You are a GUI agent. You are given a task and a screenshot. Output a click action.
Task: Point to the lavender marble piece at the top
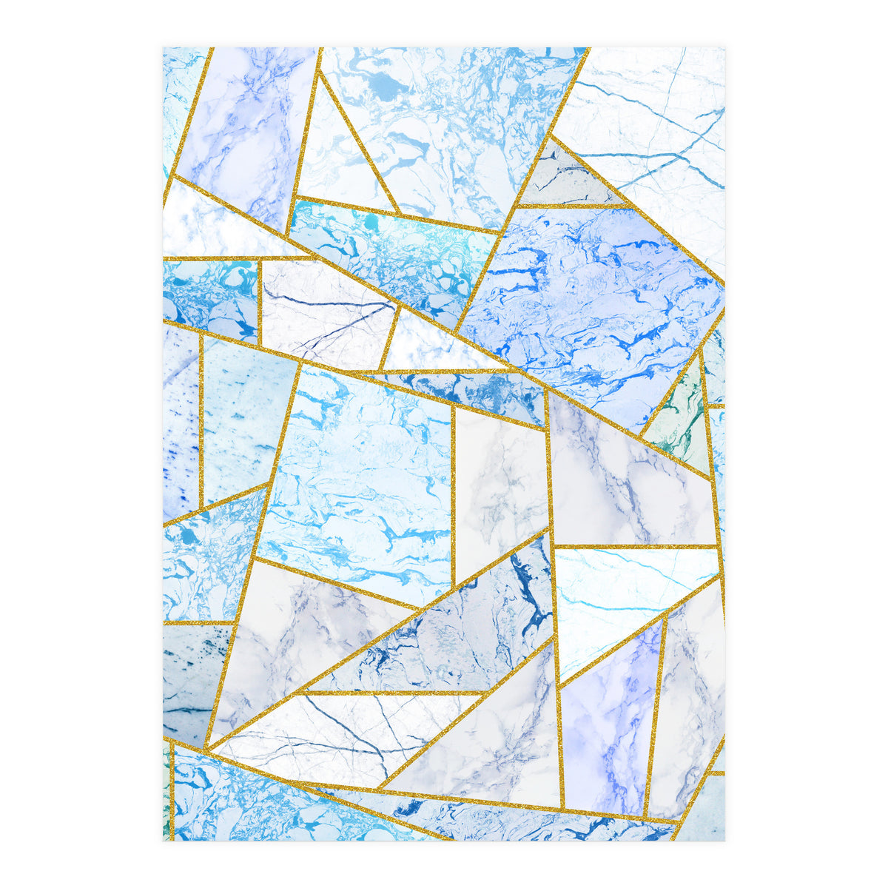[x=244, y=126]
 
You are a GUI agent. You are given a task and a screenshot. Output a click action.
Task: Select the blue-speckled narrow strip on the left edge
[x=180, y=422]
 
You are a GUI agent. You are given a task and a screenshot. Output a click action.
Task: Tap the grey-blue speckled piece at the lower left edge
[x=189, y=681]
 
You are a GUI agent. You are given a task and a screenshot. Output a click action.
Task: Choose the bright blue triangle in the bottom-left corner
[x=244, y=799]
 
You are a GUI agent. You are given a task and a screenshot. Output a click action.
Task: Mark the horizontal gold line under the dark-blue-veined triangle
[x=392, y=693]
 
